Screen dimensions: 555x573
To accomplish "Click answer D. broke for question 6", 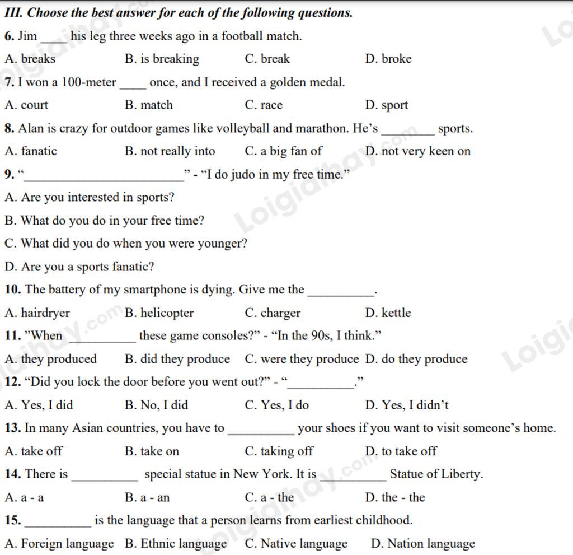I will [388, 59].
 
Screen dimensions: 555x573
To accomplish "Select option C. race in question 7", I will [264, 105].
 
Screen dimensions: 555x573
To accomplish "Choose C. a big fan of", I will [283, 151].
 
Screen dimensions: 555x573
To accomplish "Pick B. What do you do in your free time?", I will [104, 221].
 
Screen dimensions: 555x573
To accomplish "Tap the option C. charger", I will [273, 313].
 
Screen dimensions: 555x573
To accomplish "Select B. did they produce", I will [177, 359].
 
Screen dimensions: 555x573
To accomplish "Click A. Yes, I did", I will [39, 405].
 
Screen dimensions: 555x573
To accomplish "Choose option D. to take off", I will [401, 451].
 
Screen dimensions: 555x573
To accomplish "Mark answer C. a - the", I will [269, 497].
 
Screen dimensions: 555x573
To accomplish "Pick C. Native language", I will [296, 543].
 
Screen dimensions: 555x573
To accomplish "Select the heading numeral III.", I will [13, 12].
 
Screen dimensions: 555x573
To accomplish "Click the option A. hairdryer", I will [37, 313].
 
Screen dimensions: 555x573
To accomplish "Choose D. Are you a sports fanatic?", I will [79, 267].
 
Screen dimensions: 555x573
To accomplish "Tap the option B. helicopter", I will [159, 313].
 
